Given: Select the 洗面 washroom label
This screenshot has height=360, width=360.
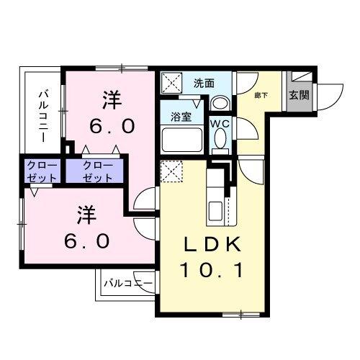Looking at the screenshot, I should click(204, 83).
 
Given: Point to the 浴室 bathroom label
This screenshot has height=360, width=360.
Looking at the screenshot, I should click(181, 117).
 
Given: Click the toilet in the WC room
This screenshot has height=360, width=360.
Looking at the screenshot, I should click(220, 141).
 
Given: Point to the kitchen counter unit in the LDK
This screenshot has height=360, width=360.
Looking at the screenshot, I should click(217, 197).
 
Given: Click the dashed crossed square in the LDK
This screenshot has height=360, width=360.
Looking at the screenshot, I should click(171, 171).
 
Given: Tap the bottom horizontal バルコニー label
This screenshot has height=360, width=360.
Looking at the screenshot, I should click(127, 283).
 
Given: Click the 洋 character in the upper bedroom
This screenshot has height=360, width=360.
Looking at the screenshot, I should click(110, 96).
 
